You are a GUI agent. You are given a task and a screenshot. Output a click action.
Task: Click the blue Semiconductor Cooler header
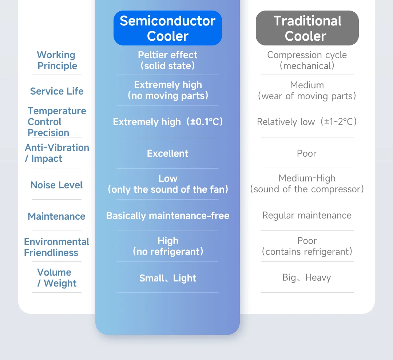pyautogui.click(x=168, y=28)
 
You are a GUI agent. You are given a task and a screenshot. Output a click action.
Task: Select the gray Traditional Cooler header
pyautogui.click(x=307, y=28)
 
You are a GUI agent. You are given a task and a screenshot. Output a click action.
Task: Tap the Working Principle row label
pyautogui.click(x=57, y=60)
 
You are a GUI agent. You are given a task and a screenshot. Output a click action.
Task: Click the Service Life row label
pyautogui.click(x=57, y=91)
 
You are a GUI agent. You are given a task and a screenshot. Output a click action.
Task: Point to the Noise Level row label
pyautogui.click(x=57, y=185)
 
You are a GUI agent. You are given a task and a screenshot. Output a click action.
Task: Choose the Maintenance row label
pyautogui.click(x=57, y=216)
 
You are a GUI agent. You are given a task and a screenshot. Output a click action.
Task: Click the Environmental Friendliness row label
pyautogui.click(x=56, y=247)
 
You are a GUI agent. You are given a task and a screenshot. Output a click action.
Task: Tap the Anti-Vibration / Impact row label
pyautogui.click(x=57, y=153)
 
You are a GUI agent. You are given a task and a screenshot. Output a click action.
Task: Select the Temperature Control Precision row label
pyautogui.click(x=57, y=122)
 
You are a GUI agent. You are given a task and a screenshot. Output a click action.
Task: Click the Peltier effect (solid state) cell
pyautogui.click(x=168, y=60)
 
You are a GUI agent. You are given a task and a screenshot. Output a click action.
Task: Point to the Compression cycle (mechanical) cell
pyautogui.click(x=307, y=60)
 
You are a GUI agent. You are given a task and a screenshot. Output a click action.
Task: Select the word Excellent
pyautogui.click(x=168, y=153)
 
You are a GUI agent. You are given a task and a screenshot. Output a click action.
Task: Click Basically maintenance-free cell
pyautogui.click(x=168, y=216)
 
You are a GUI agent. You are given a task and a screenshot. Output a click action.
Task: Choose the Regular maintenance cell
pyautogui.click(x=307, y=215)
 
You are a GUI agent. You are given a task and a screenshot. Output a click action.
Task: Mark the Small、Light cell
pyautogui.click(x=168, y=278)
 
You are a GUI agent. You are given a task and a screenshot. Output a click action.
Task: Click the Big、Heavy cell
pyautogui.click(x=307, y=278)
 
